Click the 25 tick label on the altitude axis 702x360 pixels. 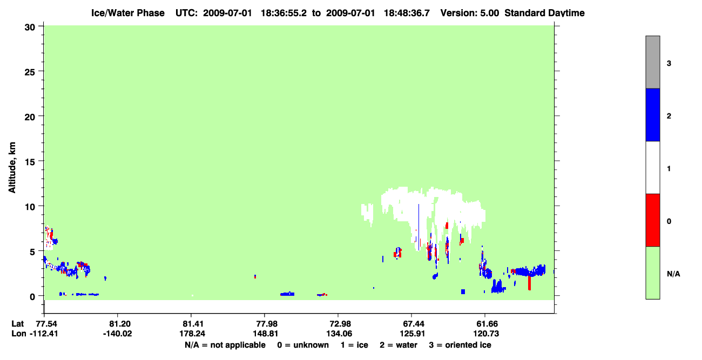(30, 72)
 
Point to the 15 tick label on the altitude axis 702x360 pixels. (30, 162)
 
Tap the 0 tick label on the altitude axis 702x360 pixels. (32, 297)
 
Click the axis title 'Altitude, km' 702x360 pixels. (12, 167)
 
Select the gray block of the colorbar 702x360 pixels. (653, 62)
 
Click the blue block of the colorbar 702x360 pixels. (653, 114)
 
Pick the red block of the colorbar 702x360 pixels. (653, 220)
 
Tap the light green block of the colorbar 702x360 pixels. (653, 273)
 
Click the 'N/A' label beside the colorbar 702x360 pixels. (673, 274)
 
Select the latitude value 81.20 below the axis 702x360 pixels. (118, 324)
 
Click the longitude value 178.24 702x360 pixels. (192, 334)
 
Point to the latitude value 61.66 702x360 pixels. (485, 324)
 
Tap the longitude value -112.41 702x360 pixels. (44, 334)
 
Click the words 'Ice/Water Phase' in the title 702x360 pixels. (128, 13)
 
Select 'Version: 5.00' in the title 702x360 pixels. (469, 13)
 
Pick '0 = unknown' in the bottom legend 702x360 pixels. (303, 345)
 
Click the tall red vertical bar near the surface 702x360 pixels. (529, 283)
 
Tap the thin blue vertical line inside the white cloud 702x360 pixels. (418, 223)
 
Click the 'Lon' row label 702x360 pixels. (19, 334)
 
